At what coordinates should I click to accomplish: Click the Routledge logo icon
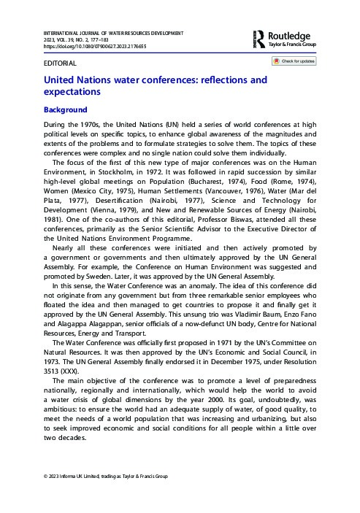pos(259,38)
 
